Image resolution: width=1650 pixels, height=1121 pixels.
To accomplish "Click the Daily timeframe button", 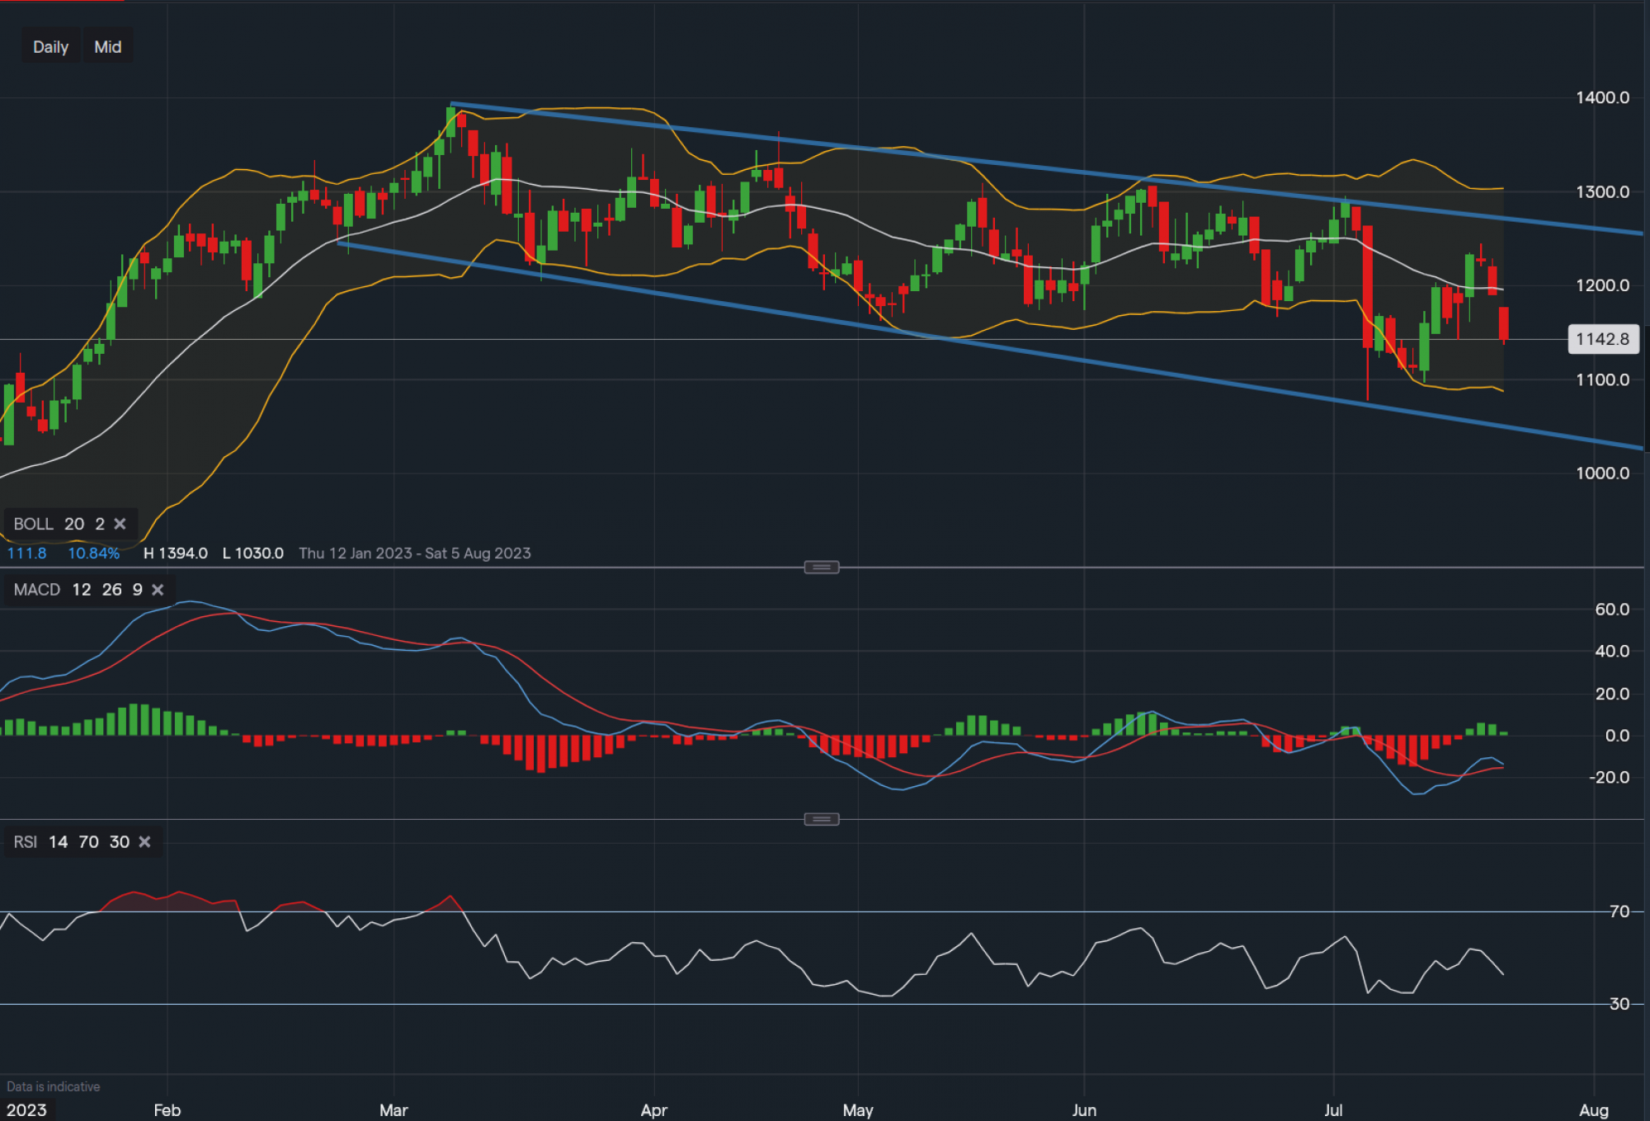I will click(x=50, y=47).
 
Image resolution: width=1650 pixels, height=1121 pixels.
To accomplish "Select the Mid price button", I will click(x=108, y=47).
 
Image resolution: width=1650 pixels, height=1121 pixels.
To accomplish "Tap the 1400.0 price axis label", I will click(x=1602, y=97).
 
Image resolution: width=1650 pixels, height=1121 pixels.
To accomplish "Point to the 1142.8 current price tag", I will click(x=1602, y=339).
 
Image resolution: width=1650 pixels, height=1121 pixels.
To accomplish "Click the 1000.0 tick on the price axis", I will click(x=1602, y=473).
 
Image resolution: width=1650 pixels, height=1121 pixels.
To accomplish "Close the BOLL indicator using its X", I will click(x=120, y=524).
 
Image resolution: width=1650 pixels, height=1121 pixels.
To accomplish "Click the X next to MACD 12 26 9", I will click(x=158, y=590).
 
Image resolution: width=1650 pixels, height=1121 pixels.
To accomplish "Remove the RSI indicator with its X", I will click(x=144, y=842).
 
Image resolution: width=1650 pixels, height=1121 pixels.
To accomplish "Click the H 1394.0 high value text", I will click(x=176, y=553).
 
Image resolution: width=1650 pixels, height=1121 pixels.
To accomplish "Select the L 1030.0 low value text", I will click(x=253, y=553).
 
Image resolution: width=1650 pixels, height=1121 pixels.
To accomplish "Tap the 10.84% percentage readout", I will click(x=93, y=553).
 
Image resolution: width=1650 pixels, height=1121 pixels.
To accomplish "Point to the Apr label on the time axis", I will click(x=653, y=1110).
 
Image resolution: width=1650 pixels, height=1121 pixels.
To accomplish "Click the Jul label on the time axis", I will click(x=1333, y=1110).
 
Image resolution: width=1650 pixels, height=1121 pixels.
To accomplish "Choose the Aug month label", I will click(x=1593, y=1110).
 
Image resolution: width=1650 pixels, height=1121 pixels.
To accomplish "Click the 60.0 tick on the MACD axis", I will click(x=1611, y=610).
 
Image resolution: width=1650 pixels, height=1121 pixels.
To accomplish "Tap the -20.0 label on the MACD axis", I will click(x=1609, y=777).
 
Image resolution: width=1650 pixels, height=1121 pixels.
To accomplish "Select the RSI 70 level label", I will click(x=1619, y=911).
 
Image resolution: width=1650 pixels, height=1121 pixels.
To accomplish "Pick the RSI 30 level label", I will click(x=1619, y=1004).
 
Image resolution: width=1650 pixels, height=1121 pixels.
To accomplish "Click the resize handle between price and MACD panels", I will click(x=822, y=568).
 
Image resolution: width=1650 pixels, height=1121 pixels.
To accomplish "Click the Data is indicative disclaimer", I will click(x=54, y=1086).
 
